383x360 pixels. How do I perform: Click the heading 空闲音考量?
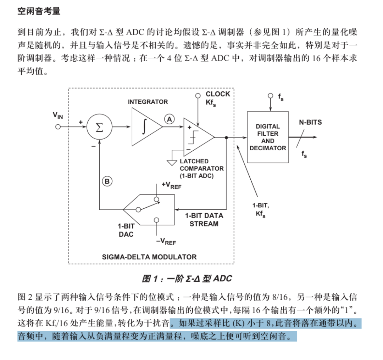pyautogui.click(x=39, y=11)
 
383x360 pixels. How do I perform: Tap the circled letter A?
pyautogui.click(x=169, y=119)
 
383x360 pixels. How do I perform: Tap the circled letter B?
pyautogui.click(x=107, y=181)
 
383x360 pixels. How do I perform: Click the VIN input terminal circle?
pyautogui.click(x=58, y=127)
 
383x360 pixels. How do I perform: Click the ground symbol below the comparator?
pyautogui.click(x=172, y=163)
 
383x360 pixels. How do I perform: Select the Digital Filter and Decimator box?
pyautogui.click(x=268, y=137)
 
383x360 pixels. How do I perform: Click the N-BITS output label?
pyautogui.click(x=310, y=122)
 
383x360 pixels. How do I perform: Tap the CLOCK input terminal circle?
pyautogui.click(x=198, y=96)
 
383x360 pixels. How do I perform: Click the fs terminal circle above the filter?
pyautogui.click(x=270, y=96)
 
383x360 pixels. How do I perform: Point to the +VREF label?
pyautogui.click(x=172, y=185)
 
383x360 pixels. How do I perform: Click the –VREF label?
pyautogui.click(x=166, y=241)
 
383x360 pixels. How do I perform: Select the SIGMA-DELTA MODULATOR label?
pyautogui.click(x=149, y=257)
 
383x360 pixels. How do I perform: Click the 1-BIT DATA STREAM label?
pyautogui.click(x=204, y=220)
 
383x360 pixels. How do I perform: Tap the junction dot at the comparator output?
pyautogui.click(x=226, y=137)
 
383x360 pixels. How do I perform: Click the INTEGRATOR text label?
pyautogui.click(x=148, y=102)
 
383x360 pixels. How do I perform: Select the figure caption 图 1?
pyautogui.click(x=187, y=279)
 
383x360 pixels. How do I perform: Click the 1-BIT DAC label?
pyautogui.click(x=126, y=230)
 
